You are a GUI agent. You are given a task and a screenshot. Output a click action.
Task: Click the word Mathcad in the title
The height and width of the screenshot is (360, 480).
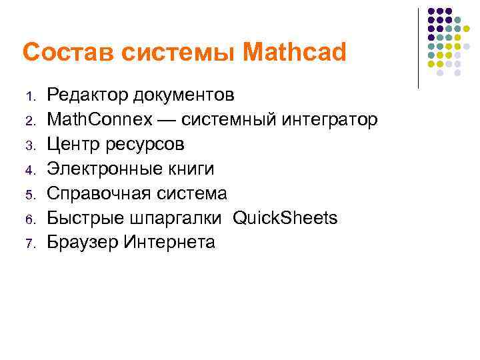pos(295,53)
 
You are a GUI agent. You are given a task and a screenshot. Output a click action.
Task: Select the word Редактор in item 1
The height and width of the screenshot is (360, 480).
pos(87,95)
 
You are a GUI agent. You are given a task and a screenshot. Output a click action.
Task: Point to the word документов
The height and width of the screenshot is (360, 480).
pos(183,95)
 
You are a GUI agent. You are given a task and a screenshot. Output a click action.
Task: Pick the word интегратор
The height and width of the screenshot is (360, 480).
pos(330,120)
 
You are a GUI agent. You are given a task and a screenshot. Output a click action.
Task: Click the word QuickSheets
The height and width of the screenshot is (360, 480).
pos(285,218)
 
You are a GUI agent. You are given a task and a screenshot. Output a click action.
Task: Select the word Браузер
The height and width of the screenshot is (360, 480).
pos(83,243)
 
